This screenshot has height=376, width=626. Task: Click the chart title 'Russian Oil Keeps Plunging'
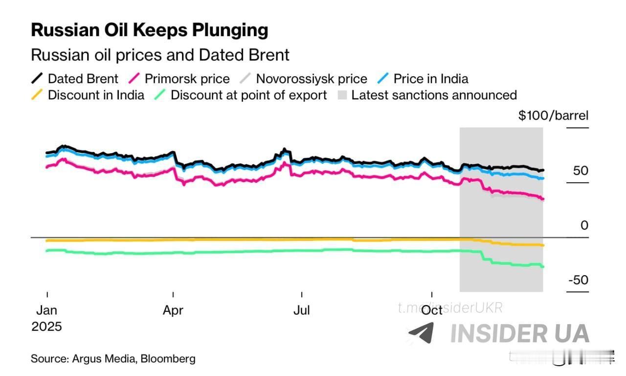[x=149, y=30]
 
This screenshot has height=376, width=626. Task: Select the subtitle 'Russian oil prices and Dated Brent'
[x=160, y=54]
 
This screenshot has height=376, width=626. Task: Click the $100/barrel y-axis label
[x=553, y=116]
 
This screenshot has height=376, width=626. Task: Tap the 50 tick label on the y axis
[x=581, y=171]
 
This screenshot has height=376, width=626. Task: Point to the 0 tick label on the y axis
[x=584, y=225]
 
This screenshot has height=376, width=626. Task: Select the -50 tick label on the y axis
[x=578, y=280]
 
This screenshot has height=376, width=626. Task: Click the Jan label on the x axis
[x=46, y=310]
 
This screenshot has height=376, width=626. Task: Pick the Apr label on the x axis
[x=173, y=310]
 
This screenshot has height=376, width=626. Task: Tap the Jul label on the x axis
[x=302, y=310]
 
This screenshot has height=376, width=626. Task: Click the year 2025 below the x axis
[x=47, y=327]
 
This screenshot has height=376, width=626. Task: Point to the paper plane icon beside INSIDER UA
[x=421, y=333]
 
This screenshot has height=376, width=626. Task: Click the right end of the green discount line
[x=542, y=266]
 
